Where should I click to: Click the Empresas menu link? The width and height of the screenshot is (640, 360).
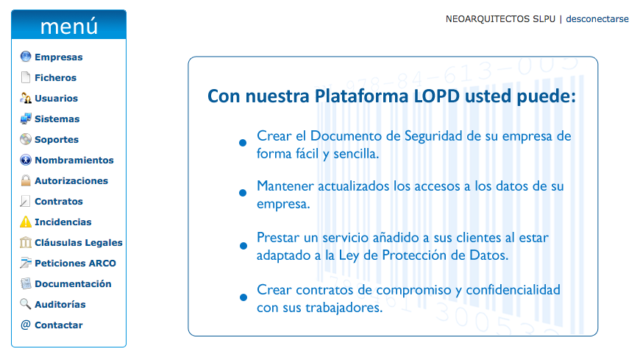click(x=58, y=57)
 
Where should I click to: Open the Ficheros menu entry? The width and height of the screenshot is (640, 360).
click(x=55, y=77)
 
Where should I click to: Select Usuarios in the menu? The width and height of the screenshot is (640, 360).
click(x=57, y=99)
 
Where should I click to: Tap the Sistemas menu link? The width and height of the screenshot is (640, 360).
click(x=57, y=119)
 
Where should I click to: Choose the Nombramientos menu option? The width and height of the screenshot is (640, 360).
click(x=74, y=160)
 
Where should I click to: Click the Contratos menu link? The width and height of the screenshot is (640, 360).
click(x=59, y=202)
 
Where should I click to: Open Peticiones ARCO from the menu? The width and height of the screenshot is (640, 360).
click(x=75, y=263)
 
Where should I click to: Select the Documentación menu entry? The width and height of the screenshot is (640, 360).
click(x=73, y=284)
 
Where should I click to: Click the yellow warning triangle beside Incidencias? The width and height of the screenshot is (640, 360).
click(x=25, y=222)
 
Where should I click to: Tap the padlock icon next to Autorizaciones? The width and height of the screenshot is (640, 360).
click(x=26, y=180)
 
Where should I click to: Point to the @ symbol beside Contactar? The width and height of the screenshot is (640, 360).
click(x=26, y=325)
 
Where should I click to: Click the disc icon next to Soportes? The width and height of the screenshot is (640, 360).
click(x=26, y=139)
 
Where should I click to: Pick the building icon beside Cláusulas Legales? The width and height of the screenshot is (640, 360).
click(x=25, y=242)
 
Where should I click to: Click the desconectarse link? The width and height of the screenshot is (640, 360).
click(x=597, y=19)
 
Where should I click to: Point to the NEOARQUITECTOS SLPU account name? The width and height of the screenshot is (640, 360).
click(x=500, y=19)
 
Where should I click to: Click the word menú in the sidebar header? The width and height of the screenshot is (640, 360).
click(x=69, y=27)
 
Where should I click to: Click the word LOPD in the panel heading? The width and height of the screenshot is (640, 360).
click(x=437, y=96)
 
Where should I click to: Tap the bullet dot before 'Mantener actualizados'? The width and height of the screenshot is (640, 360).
click(x=243, y=193)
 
